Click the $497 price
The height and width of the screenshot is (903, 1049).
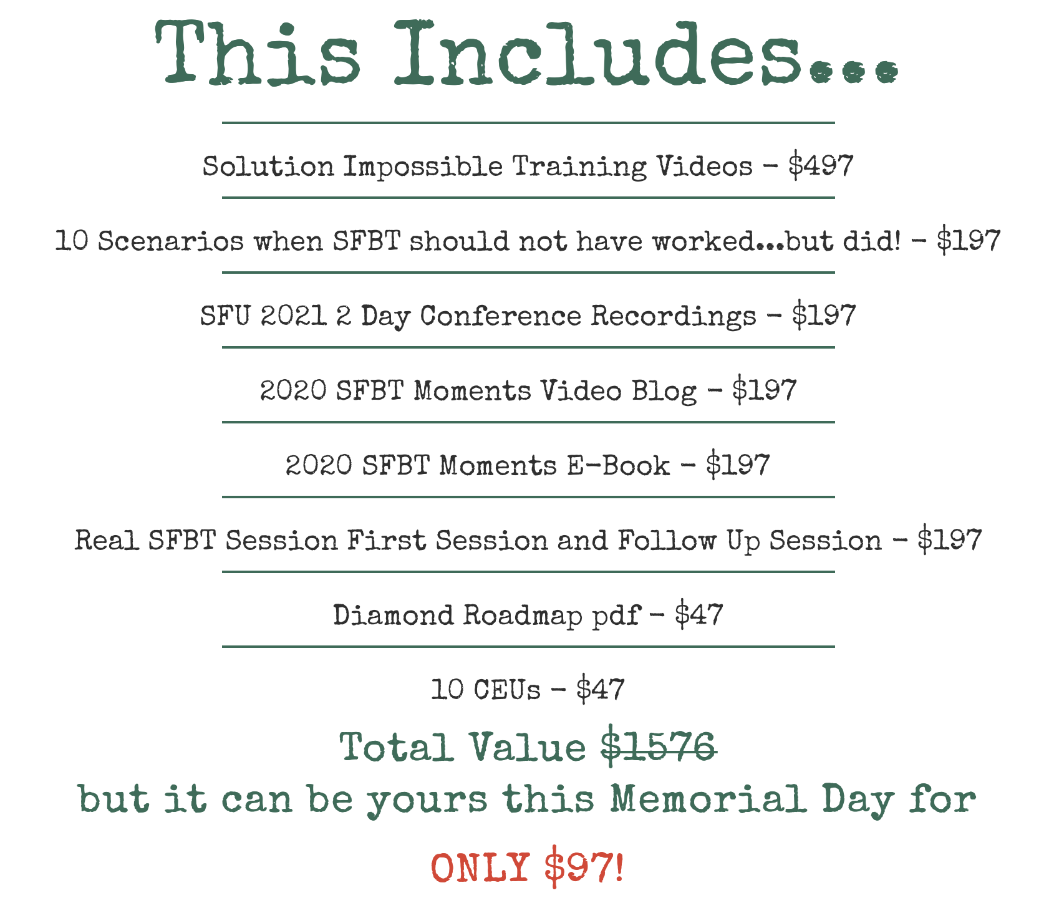821,166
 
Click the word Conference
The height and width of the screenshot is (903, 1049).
501,316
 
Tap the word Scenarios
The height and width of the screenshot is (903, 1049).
170,241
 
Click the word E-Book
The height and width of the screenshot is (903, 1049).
618,465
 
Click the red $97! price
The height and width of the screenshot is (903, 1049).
584,867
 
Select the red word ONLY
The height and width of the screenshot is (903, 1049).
480,867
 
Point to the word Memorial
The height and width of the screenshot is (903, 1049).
708,799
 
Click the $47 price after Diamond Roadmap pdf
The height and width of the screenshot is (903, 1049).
699,615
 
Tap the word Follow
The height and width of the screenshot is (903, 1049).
667,540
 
